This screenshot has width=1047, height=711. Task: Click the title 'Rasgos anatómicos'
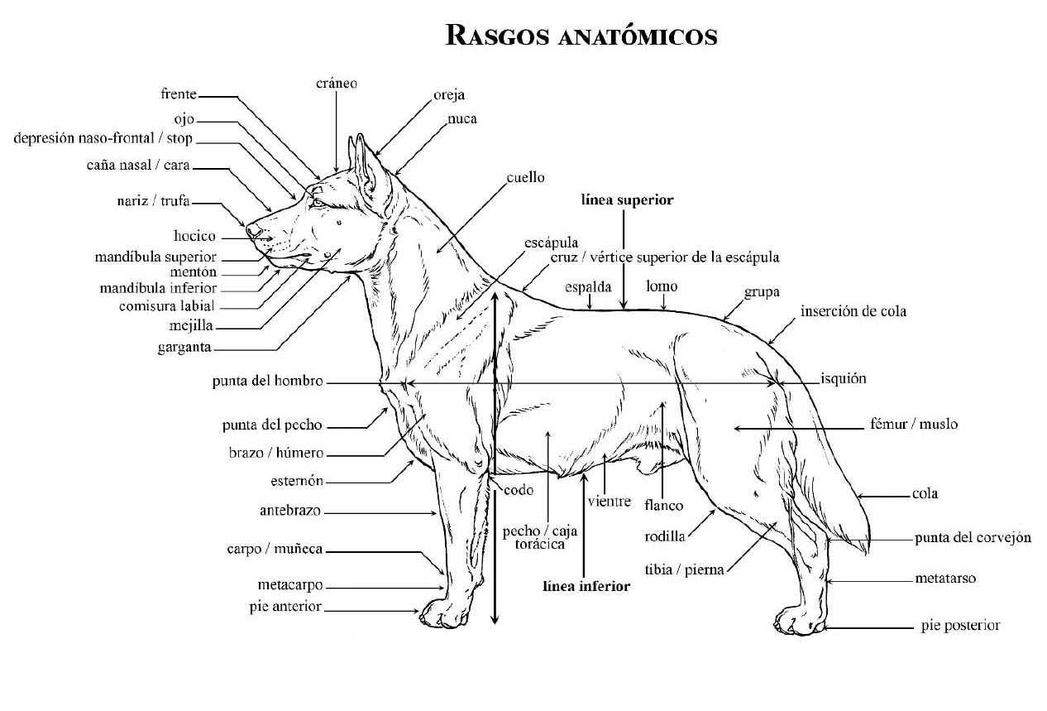[581, 36]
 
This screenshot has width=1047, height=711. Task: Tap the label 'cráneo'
[337, 84]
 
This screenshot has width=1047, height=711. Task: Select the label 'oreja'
[449, 94]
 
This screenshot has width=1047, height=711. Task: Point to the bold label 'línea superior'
[627, 199]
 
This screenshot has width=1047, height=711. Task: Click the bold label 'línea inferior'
[586, 586]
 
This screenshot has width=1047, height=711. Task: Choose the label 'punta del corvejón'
[973, 537]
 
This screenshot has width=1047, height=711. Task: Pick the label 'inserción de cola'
[853, 311]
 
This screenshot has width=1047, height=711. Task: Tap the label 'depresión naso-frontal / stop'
[103, 137]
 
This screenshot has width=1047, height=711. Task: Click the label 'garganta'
[184, 347]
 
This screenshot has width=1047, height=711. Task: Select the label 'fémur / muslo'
[914, 424]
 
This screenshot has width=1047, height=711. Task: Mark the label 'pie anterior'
[284, 606]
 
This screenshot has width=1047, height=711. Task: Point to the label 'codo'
[519, 490]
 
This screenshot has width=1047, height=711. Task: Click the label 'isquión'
[844, 378]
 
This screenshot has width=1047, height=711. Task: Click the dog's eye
[318, 201]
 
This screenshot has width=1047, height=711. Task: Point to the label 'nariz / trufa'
[154, 201]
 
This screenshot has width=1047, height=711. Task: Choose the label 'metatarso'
[945, 578]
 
